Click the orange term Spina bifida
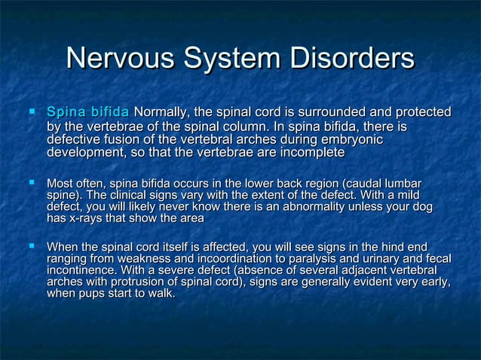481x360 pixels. pos(87,112)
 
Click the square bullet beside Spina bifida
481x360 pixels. pos(32,112)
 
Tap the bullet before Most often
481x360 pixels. pos(32,182)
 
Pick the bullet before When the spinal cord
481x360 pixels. pos(32,246)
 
